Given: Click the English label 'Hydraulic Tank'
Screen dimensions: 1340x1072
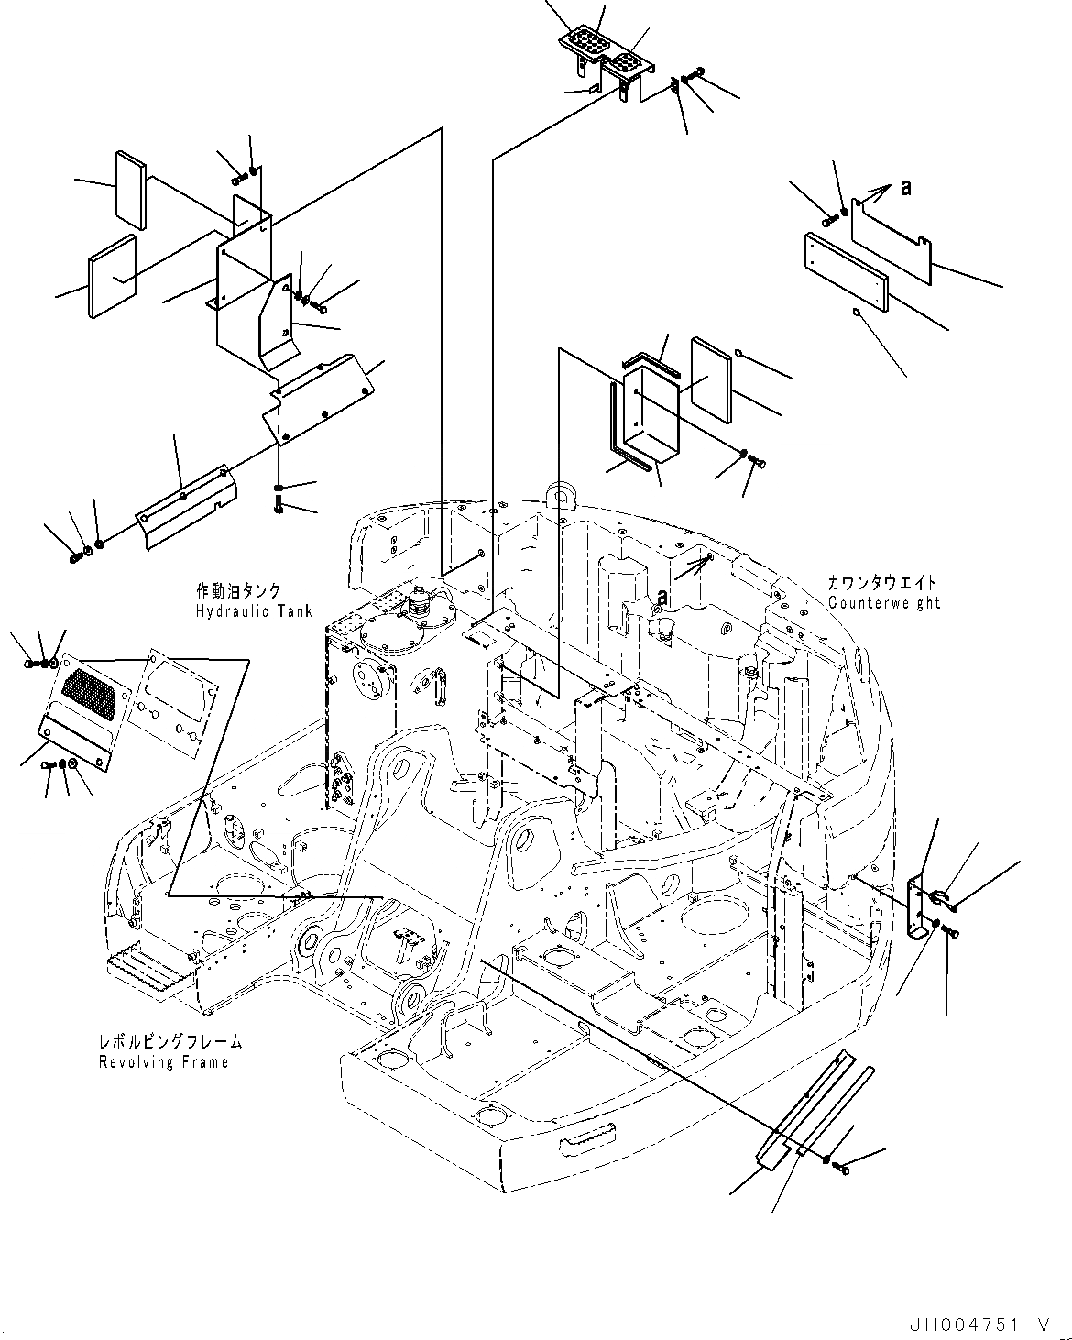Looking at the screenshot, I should coord(254,611).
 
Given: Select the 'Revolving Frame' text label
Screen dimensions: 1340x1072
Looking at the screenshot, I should coord(163,1062).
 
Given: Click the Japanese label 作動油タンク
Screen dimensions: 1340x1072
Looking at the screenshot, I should coord(237,591).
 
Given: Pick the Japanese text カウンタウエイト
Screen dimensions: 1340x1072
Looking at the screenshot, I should coord(881,583).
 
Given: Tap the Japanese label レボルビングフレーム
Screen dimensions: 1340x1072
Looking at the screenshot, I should coord(170,1042).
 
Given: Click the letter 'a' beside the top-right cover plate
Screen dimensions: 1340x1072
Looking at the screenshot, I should coord(906,187).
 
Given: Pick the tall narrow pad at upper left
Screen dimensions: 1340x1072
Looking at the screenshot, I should coord(130,190).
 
